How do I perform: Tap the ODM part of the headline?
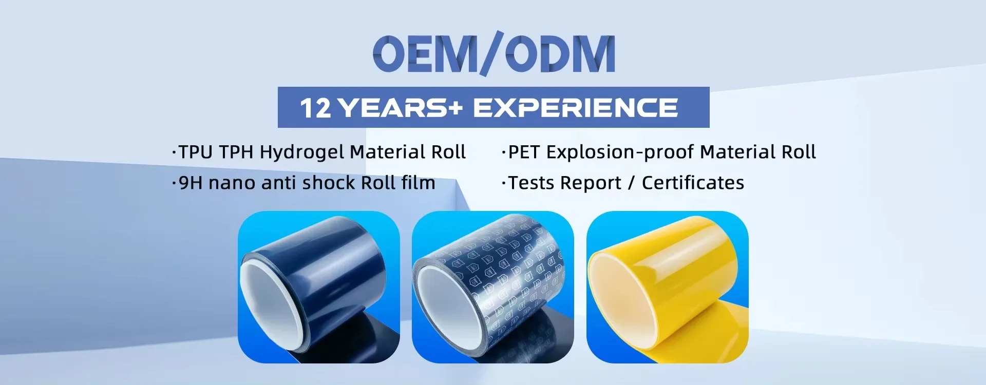560,54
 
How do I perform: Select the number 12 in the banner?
316,108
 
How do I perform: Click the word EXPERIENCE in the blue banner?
575,108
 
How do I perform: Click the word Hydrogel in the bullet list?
302,153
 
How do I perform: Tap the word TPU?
196,152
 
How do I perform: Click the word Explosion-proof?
620,153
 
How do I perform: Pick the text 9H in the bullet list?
191,183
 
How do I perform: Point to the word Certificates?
693,183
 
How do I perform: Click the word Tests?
532,183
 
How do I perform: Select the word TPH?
237,152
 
